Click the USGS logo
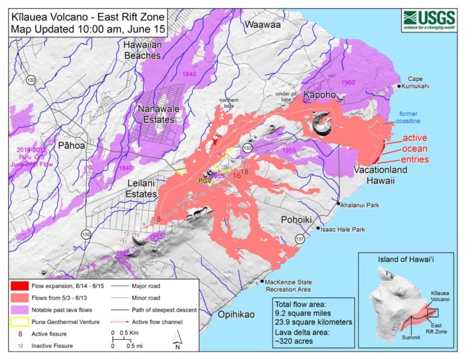(x=430, y=20)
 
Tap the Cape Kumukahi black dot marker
(x=399, y=86)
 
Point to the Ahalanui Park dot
(x=338, y=203)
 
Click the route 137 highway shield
(x=300, y=239)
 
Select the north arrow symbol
(x=176, y=338)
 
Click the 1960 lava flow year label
(x=349, y=83)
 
